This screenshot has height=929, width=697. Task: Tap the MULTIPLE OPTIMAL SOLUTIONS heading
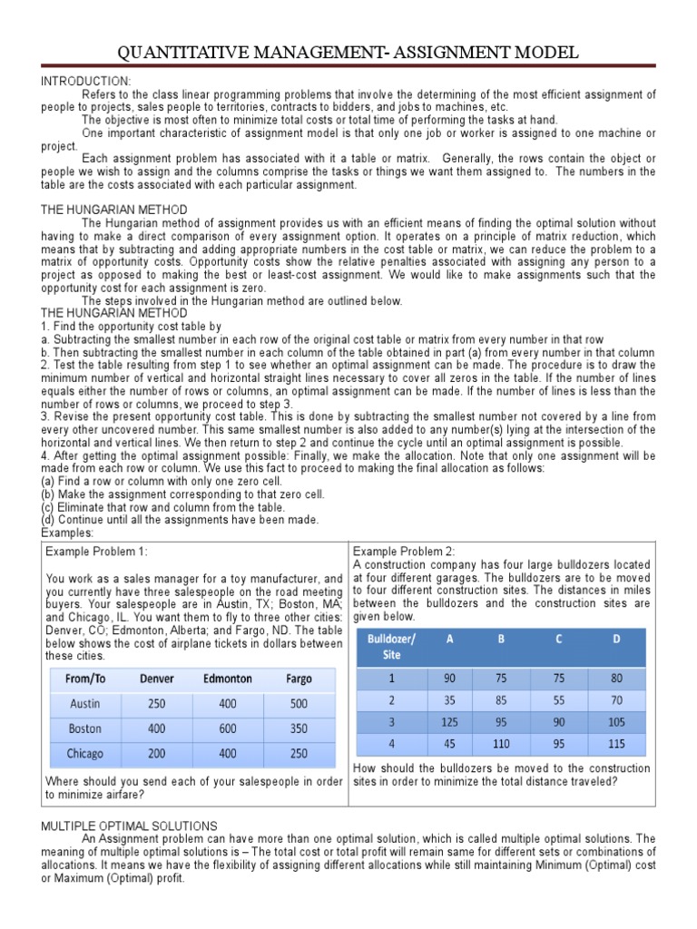pyautogui.click(x=129, y=826)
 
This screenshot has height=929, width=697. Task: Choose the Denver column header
pyautogui.click(x=156, y=679)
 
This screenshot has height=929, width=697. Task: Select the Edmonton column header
pyautogui.click(x=227, y=679)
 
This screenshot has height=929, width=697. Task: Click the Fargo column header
pyautogui.click(x=299, y=679)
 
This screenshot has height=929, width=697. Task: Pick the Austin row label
pyautogui.click(x=85, y=703)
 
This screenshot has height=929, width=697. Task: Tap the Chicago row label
pyautogui.click(x=85, y=753)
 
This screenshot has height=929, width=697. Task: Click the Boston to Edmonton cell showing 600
pyautogui.click(x=227, y=729)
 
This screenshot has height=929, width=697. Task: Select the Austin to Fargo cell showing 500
pyautogui.click(x=299, y=703)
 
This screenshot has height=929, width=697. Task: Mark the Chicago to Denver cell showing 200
pyautogui.click(x=156, y=753)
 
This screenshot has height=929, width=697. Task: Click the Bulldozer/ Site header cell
pyautogui.click(x=391, y=646)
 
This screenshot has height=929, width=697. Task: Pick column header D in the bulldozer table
pyautogui.click(x=617, y=639)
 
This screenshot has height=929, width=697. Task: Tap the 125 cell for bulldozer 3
pyautogui.click(x=448, y=722)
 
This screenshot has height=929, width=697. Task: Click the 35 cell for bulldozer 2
pyautogui.click(x=448, y=699)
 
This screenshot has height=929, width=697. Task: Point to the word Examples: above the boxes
pyautogui.click(x=66, y=533)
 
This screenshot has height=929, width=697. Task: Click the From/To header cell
pyautogui.click(x=85, y=679)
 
